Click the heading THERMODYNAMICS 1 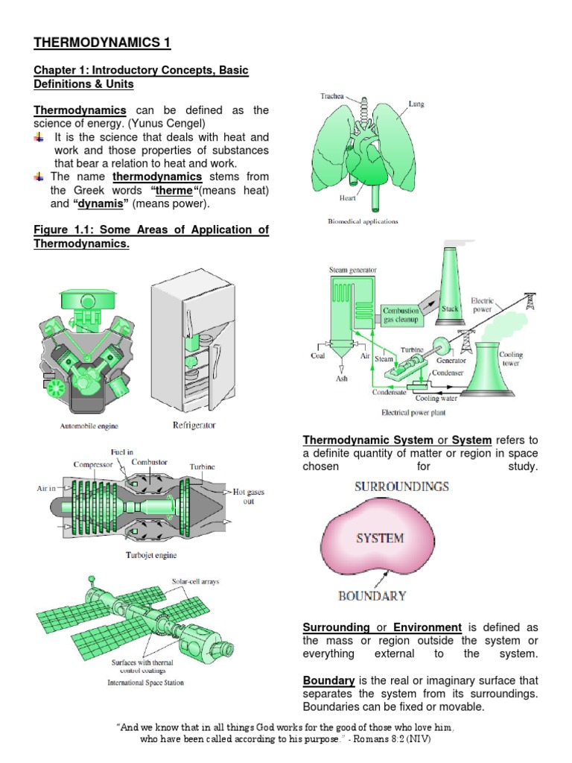[102, 42]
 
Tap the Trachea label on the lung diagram [332, 96]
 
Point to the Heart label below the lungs [348, 198]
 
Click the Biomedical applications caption [363, 221]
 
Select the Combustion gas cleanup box [401, 314]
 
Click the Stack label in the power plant [450, 307]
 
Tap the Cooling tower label [511, 359]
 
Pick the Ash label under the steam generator [342, 378]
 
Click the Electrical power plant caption [413, 411]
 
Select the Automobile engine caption [89, 426]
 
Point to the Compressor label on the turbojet [93, 465]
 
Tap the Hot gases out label [250, 496]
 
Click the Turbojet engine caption [152, 554]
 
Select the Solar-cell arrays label [195, 581]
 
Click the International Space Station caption [145, 682]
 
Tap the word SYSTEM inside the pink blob [379, 537]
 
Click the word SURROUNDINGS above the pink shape [401, 487]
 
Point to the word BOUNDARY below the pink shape [372, 595]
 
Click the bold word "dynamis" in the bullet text [101, 203]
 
